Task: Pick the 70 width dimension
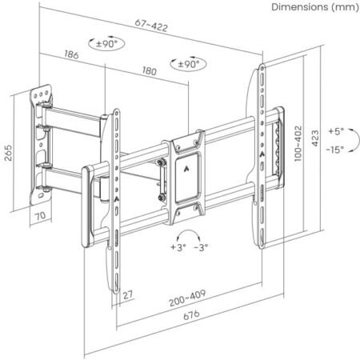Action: [x=38, y=215]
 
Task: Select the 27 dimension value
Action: [x=127, y=294]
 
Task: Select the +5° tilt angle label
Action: [x=335, y=130]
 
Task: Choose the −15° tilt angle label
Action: [x=334, y=149]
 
